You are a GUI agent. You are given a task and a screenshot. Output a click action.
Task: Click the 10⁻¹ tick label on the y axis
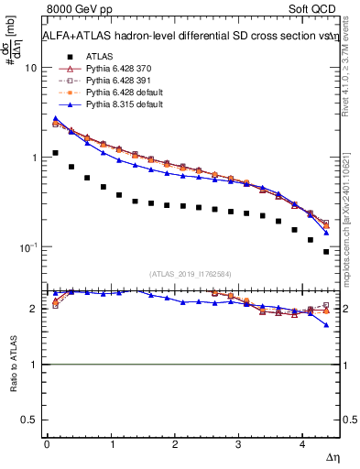point(28,247)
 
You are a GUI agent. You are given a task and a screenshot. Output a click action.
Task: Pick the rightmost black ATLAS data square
point(326,252)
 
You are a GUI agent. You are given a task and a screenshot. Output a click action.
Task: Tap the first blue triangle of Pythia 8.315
point(55,118)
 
